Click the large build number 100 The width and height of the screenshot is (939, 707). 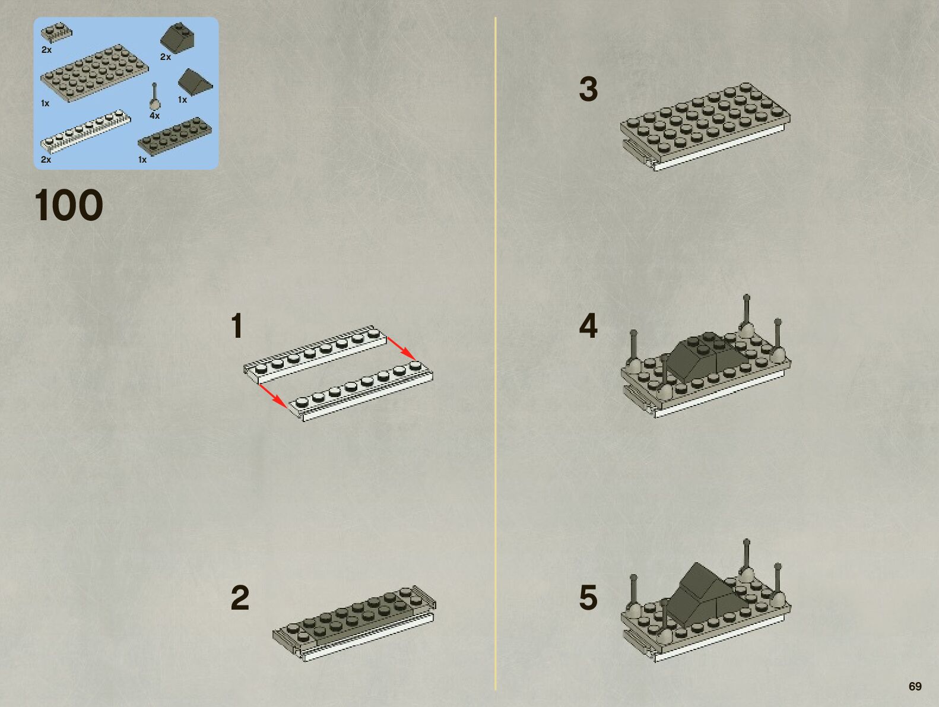pos(68,205)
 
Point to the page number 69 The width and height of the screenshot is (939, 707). pos(915,686)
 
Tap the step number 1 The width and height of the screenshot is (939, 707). pos(237,326)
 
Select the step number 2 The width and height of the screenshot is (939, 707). pos(240,598)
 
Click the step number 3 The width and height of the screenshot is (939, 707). pos(588,90)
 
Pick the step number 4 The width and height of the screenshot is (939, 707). pos(588,326)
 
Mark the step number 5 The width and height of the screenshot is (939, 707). pos(588,597)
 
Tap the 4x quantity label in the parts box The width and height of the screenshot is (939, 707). pos(154,116)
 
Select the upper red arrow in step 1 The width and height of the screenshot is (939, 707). pos(401,348)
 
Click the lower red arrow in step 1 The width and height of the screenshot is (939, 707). pos(273,395)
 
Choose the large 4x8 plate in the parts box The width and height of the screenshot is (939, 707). pos(94,73)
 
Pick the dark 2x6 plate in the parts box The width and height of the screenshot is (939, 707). pos(175,134)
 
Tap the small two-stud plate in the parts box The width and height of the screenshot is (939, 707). pos(56,33)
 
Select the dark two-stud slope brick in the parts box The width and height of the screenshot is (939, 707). pos(178,39)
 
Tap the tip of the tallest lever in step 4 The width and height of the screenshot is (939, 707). pos(747,296)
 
